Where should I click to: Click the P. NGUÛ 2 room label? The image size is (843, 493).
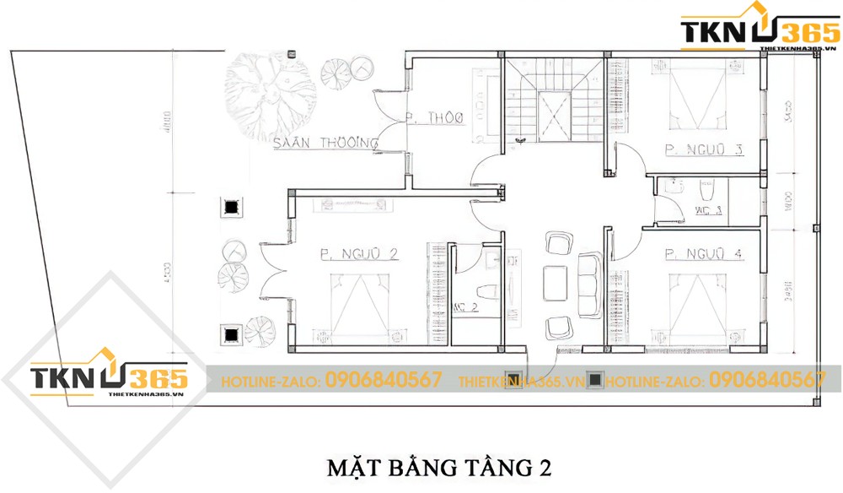(x=358, y=252)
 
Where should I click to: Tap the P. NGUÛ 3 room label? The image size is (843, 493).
(x=704, y=150)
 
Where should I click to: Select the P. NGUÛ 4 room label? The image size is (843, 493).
(x=704, y=252)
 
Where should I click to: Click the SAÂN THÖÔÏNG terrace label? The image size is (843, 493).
(x=325, y=144)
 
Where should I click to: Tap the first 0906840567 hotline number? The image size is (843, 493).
(x=384, y=381)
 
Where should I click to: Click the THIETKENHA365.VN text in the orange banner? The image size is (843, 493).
(x=521, y=382)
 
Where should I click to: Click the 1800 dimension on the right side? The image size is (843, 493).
(x=787, y=203)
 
